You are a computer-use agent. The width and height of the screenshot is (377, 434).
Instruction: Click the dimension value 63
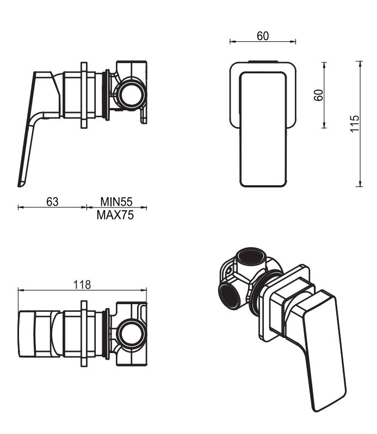click(52, 202)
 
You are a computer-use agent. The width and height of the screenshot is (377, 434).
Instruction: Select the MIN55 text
click(116, 202)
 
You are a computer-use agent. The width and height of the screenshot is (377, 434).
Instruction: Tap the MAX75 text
click(115, 215)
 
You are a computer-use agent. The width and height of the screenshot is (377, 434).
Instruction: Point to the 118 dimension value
click(82, 284)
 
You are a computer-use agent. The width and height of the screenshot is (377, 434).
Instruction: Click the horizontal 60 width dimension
click(263, 36)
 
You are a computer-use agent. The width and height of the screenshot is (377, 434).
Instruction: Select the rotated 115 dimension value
click(354, 124)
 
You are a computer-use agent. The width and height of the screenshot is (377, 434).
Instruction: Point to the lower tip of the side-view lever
click(21, 184)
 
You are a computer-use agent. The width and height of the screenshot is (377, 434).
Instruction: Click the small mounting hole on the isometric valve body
click(229, 269)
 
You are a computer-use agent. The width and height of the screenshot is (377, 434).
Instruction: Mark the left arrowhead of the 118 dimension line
click(20, 290)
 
